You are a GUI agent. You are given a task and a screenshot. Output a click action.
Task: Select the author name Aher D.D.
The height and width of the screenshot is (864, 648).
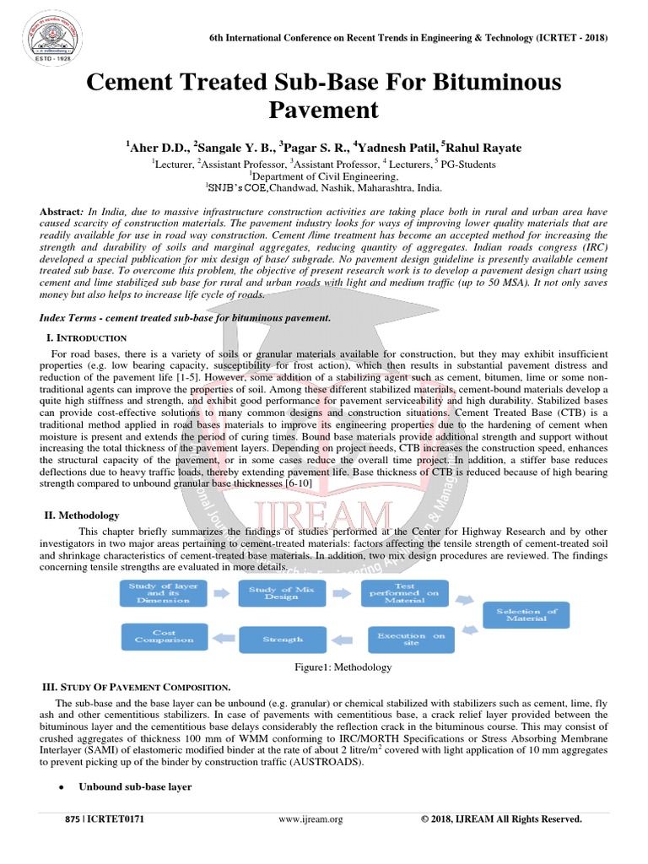(x=154, y=148)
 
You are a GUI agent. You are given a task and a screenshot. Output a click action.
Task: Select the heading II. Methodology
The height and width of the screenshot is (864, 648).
(x=81, y=515)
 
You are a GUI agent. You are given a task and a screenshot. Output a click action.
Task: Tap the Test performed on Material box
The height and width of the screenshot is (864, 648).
(x=404, y=593)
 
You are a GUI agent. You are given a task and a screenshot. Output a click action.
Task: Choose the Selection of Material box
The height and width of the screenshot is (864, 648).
(x=526, y=615)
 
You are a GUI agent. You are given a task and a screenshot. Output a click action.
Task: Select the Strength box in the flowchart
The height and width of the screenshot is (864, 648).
(x=282, y=640)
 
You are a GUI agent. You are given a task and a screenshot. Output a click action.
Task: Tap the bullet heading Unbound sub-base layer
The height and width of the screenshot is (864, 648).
(x=135, y=786)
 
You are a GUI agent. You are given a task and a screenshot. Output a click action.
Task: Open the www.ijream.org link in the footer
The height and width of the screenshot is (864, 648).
(x=310, y=819)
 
